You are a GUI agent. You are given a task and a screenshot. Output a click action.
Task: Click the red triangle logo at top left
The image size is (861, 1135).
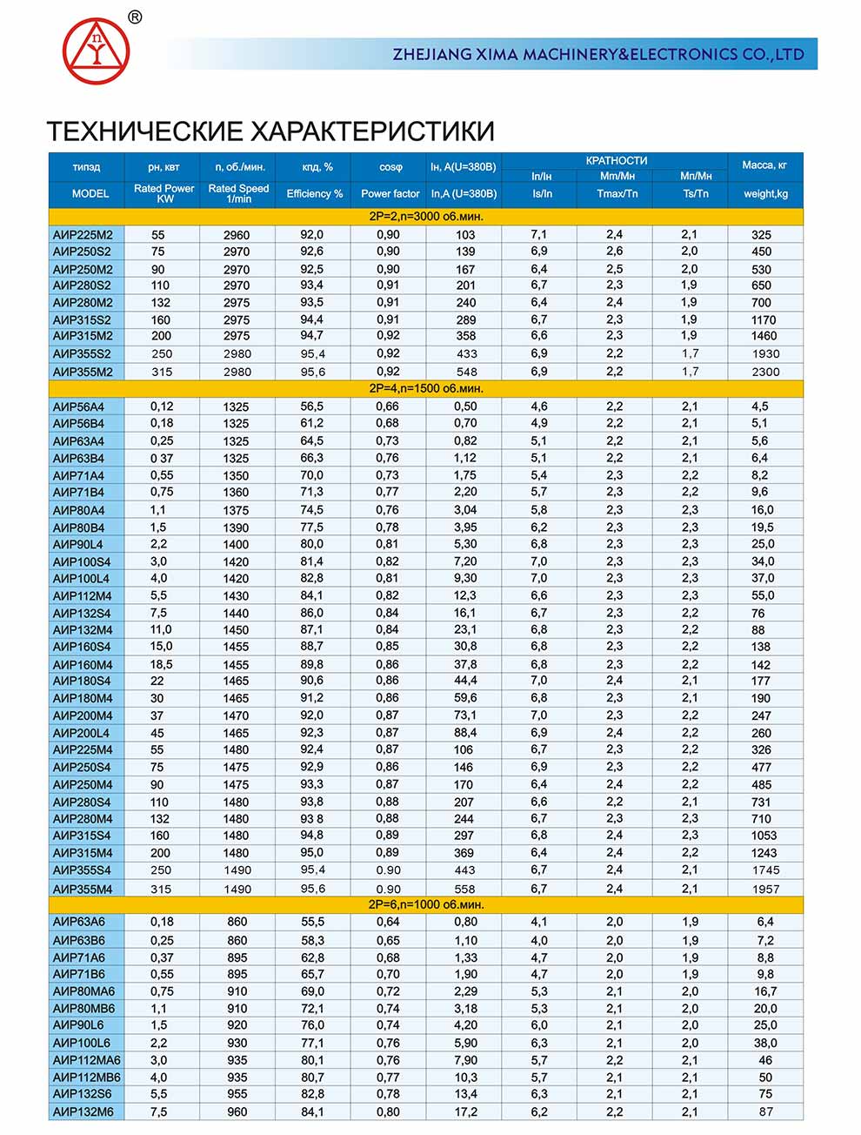[96, 50]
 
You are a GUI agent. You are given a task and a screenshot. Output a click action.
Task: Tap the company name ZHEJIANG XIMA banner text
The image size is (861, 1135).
[597, 54]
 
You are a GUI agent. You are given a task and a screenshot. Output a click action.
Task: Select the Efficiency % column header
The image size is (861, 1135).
[314, 193]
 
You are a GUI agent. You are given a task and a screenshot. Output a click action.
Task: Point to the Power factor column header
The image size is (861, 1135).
[390, 193]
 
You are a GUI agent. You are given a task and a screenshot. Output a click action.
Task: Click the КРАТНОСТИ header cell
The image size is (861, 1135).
[616, 161]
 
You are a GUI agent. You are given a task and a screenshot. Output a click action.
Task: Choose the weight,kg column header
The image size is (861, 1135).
[765, 193]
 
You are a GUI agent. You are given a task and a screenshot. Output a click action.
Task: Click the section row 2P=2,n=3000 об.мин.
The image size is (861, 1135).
[426, 216]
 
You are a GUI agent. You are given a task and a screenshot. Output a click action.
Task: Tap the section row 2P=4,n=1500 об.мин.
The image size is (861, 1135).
[426, 388]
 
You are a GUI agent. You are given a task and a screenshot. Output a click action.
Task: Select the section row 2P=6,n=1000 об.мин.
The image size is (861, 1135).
[426, 904]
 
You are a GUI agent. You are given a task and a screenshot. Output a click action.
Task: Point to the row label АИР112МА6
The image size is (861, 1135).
[87, 1060]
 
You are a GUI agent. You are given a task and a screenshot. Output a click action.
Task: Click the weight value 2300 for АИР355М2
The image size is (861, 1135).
[765, 372]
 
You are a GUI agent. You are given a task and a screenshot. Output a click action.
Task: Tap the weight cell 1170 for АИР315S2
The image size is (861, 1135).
[764, 320]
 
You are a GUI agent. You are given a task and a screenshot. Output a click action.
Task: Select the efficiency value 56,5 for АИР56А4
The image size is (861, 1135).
[311, 406]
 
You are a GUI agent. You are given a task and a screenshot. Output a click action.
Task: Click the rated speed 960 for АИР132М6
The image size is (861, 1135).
[237, 1111]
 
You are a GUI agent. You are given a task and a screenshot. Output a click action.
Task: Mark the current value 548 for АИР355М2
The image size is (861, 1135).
[466, 372]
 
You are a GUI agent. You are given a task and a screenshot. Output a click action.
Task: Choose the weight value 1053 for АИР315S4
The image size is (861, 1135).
[764, 836]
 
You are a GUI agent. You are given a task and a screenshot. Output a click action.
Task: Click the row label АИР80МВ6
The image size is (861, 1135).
[83, 1009]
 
